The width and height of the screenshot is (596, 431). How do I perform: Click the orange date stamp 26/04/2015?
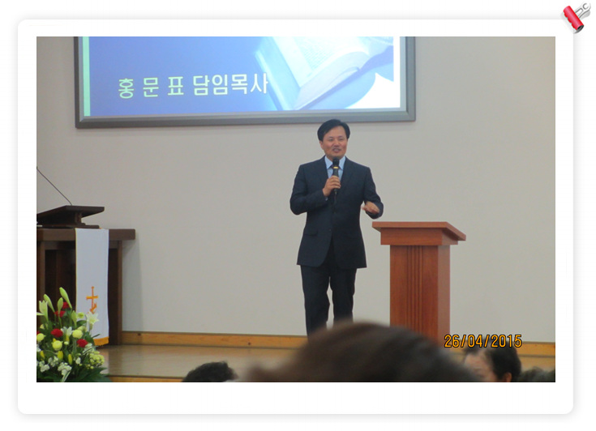tap(482, 341)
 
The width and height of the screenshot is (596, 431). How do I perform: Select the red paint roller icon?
tap(577, 17)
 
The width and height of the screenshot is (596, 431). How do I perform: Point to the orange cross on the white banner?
tap(92, 299)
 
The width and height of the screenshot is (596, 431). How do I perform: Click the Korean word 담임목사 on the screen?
tap(230, 85)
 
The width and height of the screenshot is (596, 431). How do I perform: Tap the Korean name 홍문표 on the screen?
tap(151, 87)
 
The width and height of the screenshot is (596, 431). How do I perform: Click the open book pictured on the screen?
tap(327, 72)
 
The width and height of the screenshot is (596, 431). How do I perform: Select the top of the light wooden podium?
tap(419, 231)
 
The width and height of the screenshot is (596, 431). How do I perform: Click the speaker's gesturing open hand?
tap(371, 207)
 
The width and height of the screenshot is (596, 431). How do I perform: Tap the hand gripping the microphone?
tap(332, 185)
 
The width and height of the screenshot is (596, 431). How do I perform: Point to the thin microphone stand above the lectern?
tap(54, 186)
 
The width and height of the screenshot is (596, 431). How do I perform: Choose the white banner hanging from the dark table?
tap(92, 286)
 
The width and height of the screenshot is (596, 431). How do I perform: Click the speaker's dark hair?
tap(333, 127)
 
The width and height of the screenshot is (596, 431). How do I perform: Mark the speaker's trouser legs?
tap(328, 297)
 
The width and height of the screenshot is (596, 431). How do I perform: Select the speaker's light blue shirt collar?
tap(335, 165)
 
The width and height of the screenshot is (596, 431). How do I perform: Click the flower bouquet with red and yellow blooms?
tap(67, 337)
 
